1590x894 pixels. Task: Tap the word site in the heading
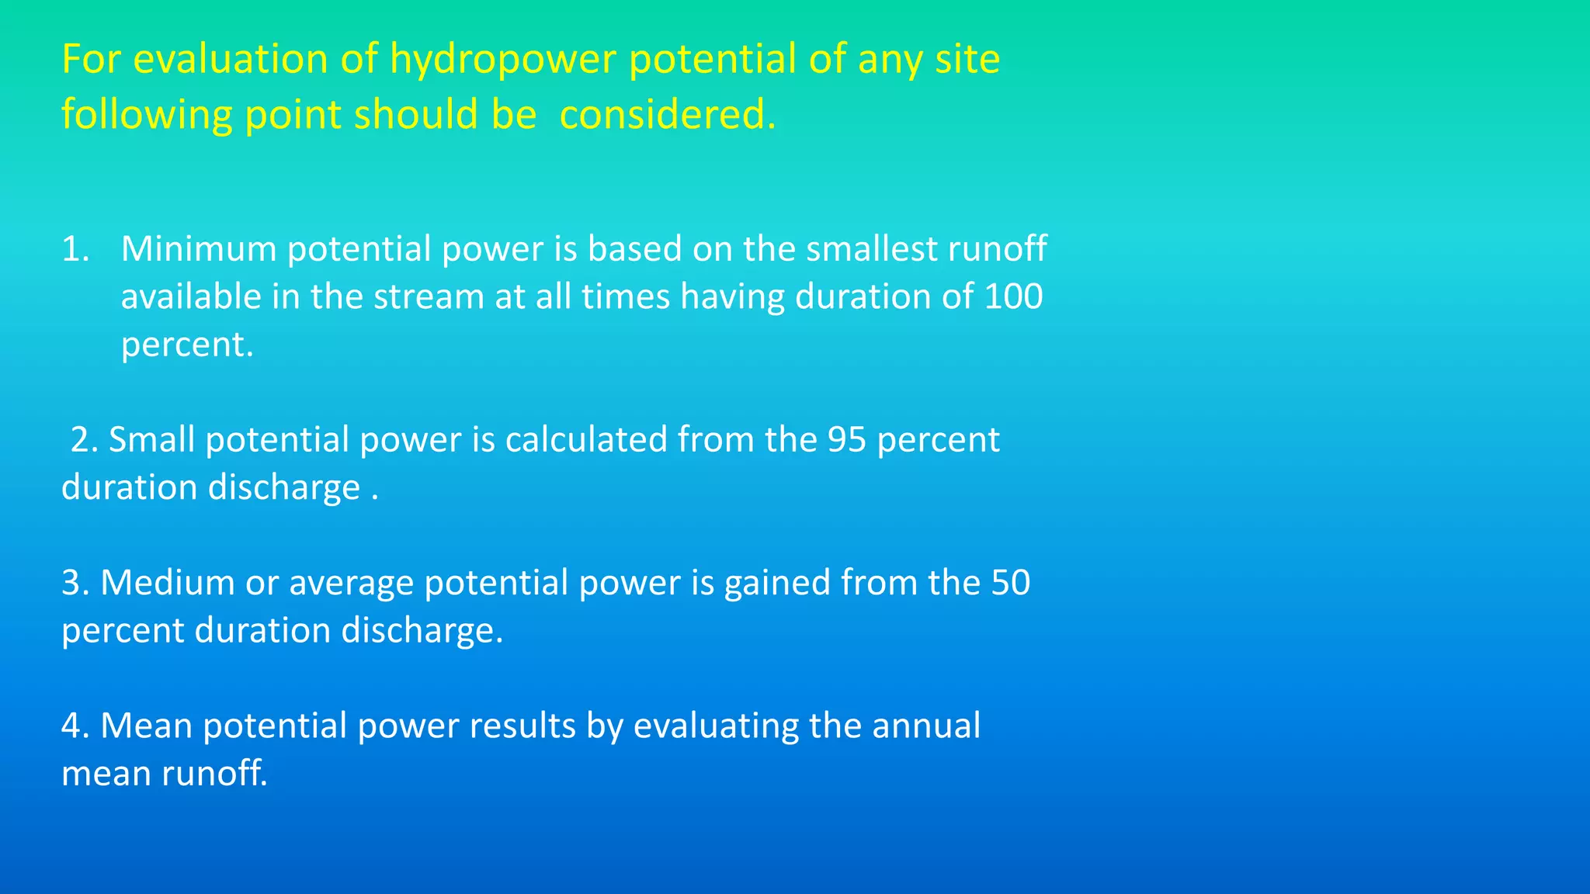pyautogui.click(x=967, y=60)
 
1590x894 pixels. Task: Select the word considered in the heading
pyautogui.click(x=667, y=116)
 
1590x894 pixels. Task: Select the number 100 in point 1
pyautogui.click(x=1013, y=297)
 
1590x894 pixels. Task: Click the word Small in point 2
pyautogui.click(x=151, y=440)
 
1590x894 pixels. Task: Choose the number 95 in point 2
pyautogui.click(x=846, y=440)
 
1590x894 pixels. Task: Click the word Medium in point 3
pyautogui.click(x=167, y=583)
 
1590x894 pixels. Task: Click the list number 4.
pyautogui.click(x=75, y=726)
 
